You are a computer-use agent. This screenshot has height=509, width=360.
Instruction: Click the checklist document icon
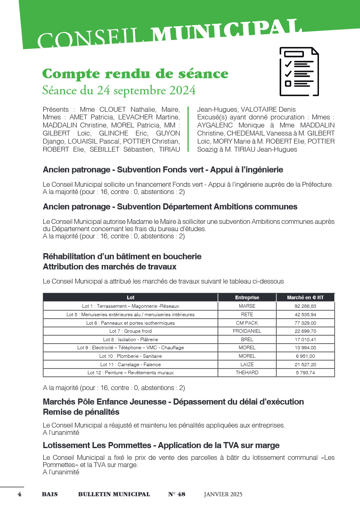pos(299,71)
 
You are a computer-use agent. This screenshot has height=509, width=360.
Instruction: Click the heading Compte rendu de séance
pos(135,74)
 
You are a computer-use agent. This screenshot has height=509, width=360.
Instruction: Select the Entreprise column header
pos(247,298)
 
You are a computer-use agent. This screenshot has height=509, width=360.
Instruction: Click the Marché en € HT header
pos(305,298)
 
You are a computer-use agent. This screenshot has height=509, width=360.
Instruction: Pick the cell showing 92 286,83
pos(305,306)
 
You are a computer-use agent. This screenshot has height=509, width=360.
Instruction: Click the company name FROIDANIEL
pos(247,331)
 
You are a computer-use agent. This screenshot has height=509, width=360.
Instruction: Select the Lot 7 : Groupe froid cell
pos(130,331)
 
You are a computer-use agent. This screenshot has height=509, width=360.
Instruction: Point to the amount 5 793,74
pos(305,373)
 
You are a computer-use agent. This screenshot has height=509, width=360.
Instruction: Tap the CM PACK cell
pos(247,323)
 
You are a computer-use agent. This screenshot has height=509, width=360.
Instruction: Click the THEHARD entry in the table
pos(247,373)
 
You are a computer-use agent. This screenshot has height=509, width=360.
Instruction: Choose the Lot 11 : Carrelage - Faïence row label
pos(130,365)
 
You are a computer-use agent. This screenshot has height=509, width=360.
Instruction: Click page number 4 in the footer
pos(19,494)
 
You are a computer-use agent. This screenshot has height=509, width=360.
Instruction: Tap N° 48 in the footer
pos(177,494)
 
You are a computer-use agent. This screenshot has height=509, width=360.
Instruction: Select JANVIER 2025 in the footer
pos(223,494)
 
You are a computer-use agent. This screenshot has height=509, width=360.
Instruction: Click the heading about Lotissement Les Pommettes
pos(161,446)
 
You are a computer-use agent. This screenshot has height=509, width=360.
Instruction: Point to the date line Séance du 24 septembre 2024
pos(119,90)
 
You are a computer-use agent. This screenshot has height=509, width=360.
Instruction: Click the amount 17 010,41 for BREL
pos(305,340)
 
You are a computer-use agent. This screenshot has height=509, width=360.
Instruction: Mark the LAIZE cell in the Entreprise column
pos(247,365)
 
